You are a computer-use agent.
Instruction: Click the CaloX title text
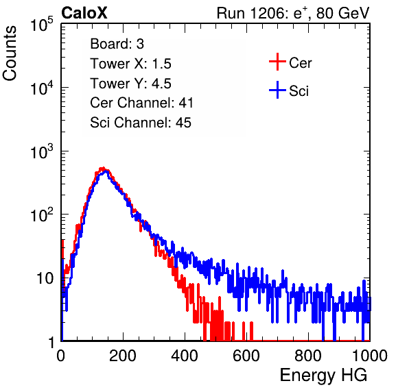pos(84,13)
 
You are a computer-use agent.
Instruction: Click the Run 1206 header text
pos(293,13)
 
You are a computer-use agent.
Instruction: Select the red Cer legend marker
pos(277,62)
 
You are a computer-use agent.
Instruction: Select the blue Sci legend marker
pos(277,90)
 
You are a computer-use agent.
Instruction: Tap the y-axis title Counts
pos(10,53)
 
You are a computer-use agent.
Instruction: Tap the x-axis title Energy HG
pos(323,376)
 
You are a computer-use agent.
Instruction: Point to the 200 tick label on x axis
pos(123,356)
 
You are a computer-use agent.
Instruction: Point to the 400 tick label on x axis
pos(185,356)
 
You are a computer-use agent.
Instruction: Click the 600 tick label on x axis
pos(246,356)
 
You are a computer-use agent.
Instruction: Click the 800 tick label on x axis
pos(308,356)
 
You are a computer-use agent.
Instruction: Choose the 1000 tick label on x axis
pos(370,356)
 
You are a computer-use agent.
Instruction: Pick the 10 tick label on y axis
pos(45,278)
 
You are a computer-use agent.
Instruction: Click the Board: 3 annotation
pos(117,44)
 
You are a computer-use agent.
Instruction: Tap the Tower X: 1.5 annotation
pos(130,64)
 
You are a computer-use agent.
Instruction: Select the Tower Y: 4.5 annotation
pos(130,84)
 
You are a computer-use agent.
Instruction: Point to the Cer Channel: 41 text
pos(141,103)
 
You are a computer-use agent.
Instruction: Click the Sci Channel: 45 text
pos(141,123)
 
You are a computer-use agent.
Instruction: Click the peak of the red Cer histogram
pos(103,168)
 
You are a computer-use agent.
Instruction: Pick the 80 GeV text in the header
pos(342,13)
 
